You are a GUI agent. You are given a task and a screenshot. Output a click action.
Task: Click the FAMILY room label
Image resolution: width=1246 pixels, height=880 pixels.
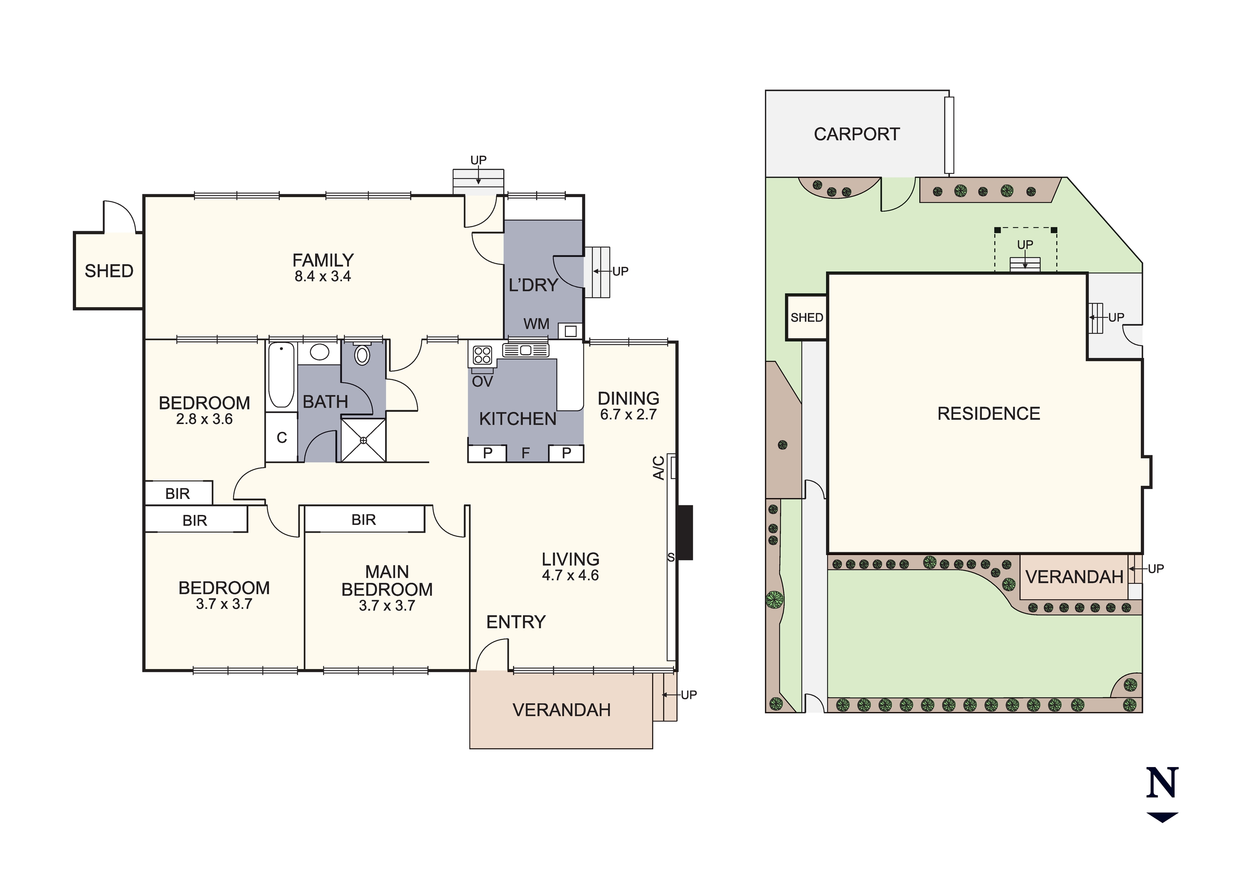(323, 260)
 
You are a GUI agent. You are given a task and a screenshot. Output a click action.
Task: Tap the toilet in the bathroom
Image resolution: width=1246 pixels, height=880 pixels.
(362, 354)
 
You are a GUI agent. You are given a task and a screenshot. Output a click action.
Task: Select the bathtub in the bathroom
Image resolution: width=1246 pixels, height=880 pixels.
(281, 374)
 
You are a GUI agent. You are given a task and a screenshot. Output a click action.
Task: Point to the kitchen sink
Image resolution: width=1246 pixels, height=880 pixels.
(525, 350)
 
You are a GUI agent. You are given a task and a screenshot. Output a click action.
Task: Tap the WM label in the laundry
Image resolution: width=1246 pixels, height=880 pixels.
(536, 324)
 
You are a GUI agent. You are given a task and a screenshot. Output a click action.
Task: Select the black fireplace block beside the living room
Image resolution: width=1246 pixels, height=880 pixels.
(685, 532)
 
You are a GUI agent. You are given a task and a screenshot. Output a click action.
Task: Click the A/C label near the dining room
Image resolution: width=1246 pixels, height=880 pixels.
(658, 468)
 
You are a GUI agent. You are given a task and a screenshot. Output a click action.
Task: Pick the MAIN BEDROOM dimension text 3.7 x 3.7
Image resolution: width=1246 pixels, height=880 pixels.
(387, 606)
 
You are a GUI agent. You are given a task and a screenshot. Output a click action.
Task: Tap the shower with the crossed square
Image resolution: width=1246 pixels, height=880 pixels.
(363, 440)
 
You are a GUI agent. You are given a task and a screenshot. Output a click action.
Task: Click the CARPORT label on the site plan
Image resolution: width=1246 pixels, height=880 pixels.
(857, 134)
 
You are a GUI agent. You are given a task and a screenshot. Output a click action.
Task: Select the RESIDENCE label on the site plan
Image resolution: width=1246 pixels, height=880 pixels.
(989, 413)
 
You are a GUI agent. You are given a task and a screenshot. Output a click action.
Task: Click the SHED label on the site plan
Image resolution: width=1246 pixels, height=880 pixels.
(807, 317)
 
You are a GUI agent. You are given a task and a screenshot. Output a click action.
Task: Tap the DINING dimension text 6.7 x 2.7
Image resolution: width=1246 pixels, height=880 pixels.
(629, 414)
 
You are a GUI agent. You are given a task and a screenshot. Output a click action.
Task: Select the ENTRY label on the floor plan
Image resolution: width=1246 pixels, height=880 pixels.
(516, 622)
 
